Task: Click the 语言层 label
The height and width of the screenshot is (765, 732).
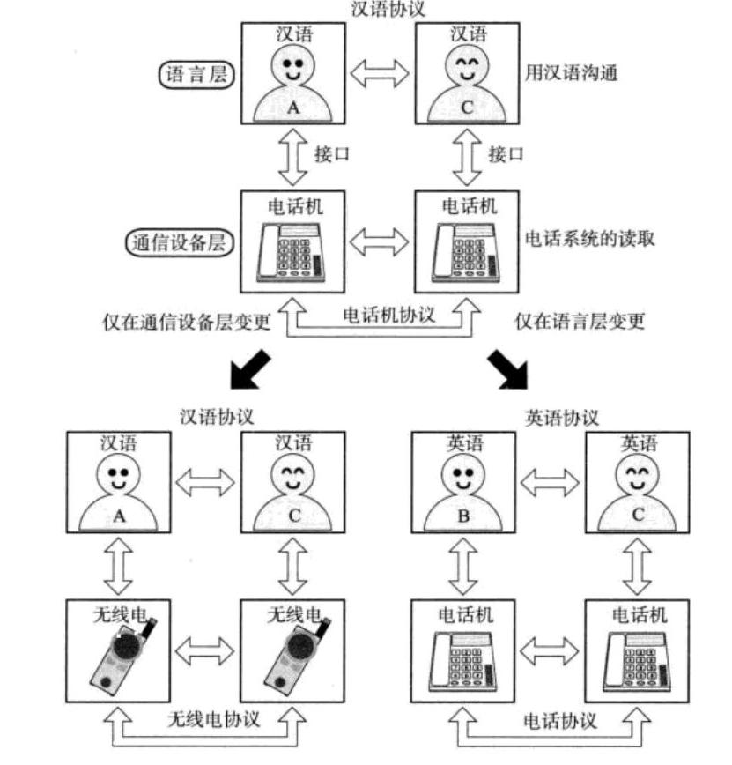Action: (x=193, y=76)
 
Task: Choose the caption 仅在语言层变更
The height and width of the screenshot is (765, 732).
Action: (x=580, y=321)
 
